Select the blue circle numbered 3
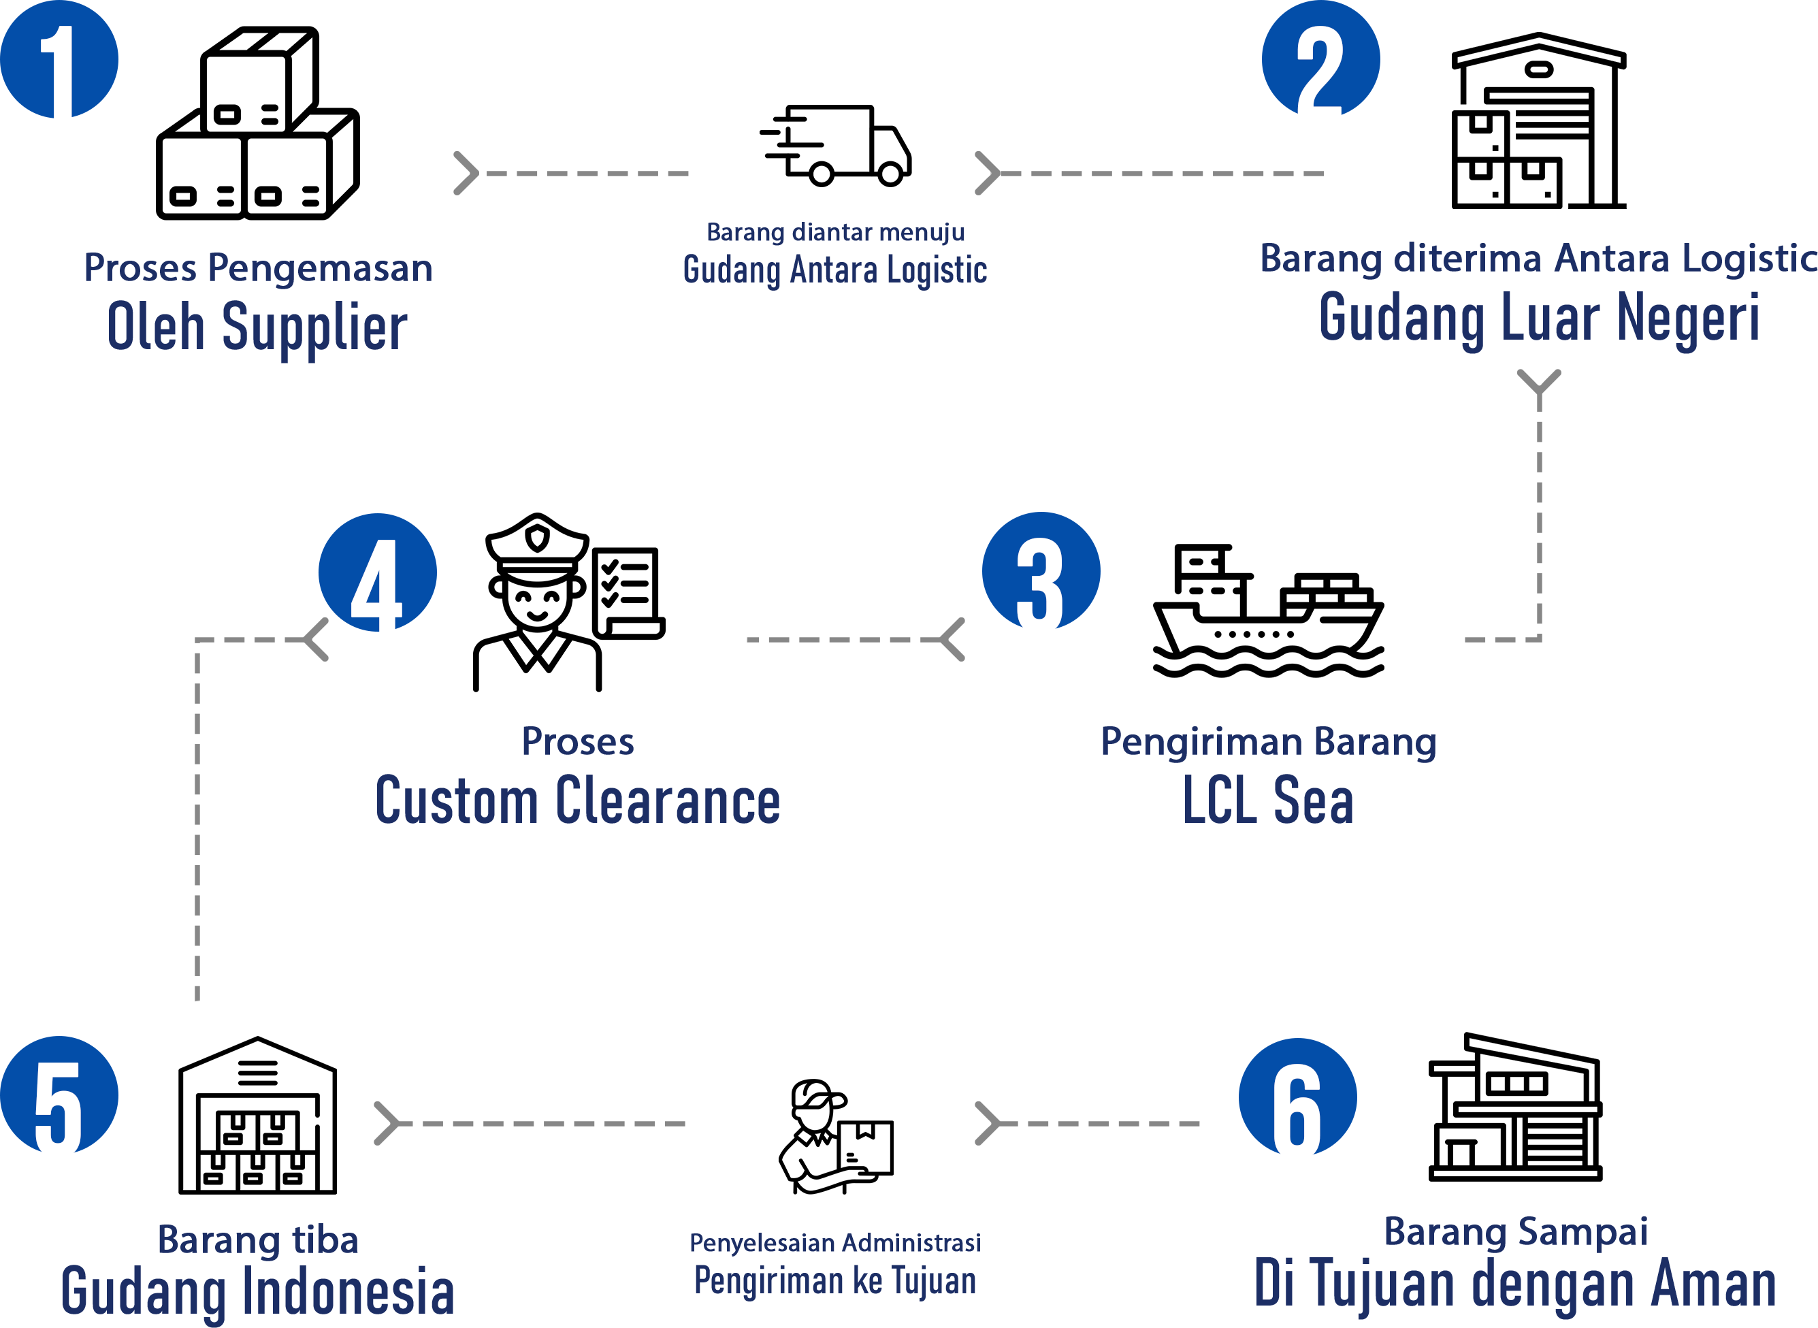pyautogui.click(x=1041, y=571)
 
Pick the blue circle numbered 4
pyautogui.click(x=377, y=572)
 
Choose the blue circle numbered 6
pyautogui.click(x=1297, y=1097)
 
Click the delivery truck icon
pyautogui.click(x=836, y=146)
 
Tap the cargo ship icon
pyautogui.click(x=1267, y=612)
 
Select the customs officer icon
pyautogui.click(x=537, y=603)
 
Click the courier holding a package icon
pyautogui.click(x=835, y=1137)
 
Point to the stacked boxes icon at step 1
pyautogui.click(x=257, y=152)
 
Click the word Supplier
pyautogui.click(x=314, y=328)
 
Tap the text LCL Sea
pyautogui.click(x=1267, y=801)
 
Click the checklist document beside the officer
pyautogui.click(x=628, y=594)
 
